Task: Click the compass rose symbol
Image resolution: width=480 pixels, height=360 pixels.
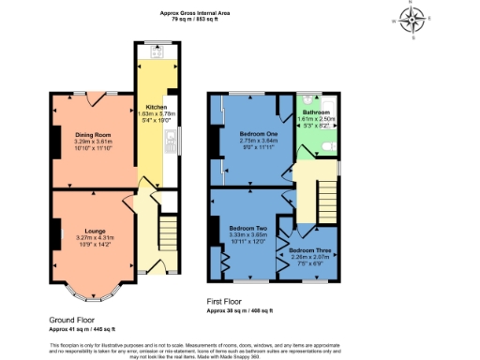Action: pyautogui.click(x=412, y=18)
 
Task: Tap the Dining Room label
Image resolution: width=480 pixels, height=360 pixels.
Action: pyautogui.click(x=93, y=134)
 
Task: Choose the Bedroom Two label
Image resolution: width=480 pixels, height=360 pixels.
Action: pyautogui.click(x=249, y=228)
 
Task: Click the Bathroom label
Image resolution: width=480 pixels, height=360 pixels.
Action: pyautogui.click(x=316, y=112)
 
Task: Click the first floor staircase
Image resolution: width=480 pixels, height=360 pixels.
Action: pyautogui.click(x=326, y=196)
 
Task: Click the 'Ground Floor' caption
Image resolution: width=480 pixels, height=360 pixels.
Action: pyautogui.click(x=73, y=320)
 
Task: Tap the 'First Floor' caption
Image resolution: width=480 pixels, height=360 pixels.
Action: pyautogui.click(x=230, y=301)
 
